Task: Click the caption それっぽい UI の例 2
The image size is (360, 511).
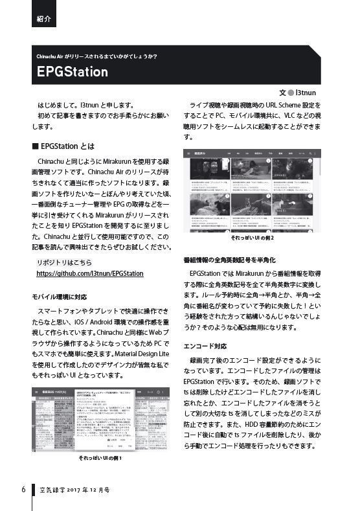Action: (253, 238)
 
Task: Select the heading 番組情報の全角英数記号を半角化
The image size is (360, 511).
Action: (240, 260)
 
